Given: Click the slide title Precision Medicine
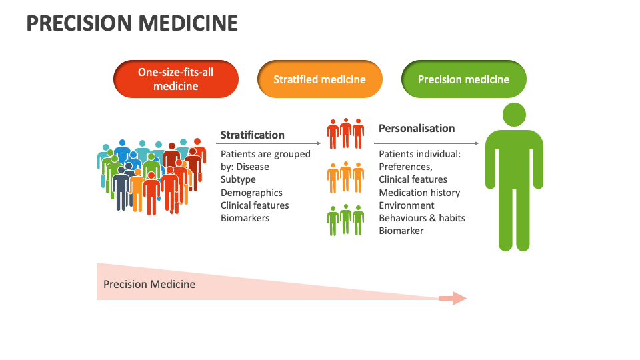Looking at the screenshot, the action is (132, 24).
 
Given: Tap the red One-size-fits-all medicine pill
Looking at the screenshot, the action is (176, 79).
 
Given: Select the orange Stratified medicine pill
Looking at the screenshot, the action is (320, 79).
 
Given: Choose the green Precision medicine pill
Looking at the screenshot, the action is (464, 79).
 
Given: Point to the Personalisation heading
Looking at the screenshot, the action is (417, 128).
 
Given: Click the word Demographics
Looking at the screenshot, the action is (252, 193).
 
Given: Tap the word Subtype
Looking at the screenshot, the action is (238, 179).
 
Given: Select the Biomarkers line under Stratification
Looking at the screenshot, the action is (245, 218).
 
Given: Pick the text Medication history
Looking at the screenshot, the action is (419, 193).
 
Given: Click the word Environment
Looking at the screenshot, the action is (407, 205).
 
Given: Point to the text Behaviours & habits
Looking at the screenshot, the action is (422, 218).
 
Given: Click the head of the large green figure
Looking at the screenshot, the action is (513, 115).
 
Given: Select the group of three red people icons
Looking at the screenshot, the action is (346, 133).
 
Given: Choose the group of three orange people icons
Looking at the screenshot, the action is (346, 177).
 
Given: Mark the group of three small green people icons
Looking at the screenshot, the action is (346, 220).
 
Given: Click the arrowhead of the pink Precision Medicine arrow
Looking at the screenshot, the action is (459, 299).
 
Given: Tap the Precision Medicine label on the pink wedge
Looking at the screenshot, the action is (149, 284).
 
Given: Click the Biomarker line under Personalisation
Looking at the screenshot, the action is (401, 231).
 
